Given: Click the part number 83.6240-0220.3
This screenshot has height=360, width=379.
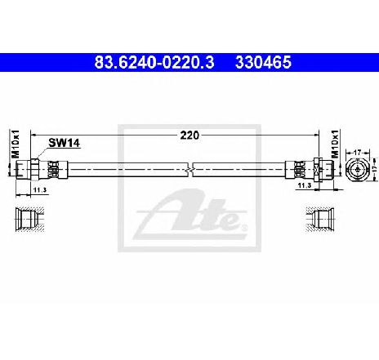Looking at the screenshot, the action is [154, 62].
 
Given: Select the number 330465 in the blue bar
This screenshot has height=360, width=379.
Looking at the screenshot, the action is [263, 62].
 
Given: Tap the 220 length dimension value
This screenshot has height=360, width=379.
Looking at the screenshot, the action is [189, 136].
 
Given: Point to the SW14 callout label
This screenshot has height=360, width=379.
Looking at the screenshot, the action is [65, 143].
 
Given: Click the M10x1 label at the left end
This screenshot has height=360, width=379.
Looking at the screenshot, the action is [16, 144].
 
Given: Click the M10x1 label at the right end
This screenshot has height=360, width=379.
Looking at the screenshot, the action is [335, 144].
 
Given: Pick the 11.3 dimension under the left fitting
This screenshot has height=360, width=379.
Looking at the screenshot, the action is [40, 190].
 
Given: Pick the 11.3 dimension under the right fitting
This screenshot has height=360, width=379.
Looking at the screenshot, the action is [305, 185].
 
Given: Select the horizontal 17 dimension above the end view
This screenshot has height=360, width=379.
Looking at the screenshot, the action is [357, 153].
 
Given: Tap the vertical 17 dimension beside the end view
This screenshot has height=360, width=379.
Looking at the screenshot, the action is [375, 169].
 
